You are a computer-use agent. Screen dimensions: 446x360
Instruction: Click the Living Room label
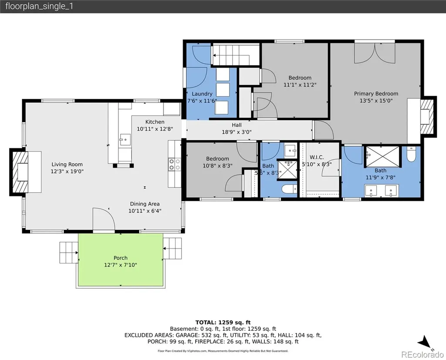point(67,165)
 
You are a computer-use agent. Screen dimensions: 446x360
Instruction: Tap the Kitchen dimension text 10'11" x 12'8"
point(155,129)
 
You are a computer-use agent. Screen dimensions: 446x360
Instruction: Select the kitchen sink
point(125,139)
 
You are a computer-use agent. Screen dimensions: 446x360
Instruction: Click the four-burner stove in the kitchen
point(175,165)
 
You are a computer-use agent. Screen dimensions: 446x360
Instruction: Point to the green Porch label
point(121,258)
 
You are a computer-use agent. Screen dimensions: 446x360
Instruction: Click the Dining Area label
point(145,204)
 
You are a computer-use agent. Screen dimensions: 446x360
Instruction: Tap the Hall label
point(237,125)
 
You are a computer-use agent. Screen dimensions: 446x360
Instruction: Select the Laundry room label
point(202,94)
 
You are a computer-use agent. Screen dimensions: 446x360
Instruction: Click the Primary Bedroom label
point(376,94)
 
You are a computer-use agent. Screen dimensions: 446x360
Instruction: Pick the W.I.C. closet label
point(317,157)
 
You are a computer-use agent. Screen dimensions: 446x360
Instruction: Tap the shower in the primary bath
point(382,156)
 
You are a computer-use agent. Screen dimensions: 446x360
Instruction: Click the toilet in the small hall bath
point(289,189)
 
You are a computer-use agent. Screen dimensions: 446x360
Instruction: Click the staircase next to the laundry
point(236,55)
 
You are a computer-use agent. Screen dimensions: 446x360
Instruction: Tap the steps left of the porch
point(69,252)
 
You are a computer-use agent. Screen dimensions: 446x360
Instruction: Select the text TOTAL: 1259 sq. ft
point(223,323)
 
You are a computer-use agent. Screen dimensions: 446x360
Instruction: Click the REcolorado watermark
point(422,354)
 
